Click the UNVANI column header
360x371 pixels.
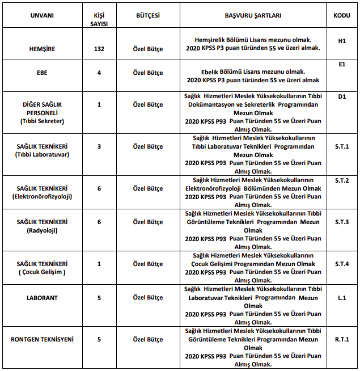[x=42, y=15]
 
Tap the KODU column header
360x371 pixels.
[x=342, y=15]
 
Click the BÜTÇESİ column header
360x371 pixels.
[x=147, y=15]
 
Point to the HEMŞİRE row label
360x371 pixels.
[x=42, y=49]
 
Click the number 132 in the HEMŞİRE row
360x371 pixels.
[x=99, y=49]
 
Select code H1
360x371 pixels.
[x=342, y=41]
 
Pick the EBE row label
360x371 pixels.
[x=42, y=73]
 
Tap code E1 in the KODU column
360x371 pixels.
[x=342, y=65]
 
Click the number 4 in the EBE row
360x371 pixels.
[x=99, y=73]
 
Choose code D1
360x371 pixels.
[x=342, y=96]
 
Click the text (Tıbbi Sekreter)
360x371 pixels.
[x=42, y=121]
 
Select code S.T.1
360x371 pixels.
[x=342, y=146]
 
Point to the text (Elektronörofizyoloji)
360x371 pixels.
[x=42, y=196]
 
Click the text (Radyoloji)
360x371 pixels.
[x=42, y=230]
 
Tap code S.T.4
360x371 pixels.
[x=342, y=264]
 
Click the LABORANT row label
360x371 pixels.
[x=42, y=297]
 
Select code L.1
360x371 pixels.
[x=342, y=297]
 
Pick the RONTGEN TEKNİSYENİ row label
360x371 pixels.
[x=42, y=339]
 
